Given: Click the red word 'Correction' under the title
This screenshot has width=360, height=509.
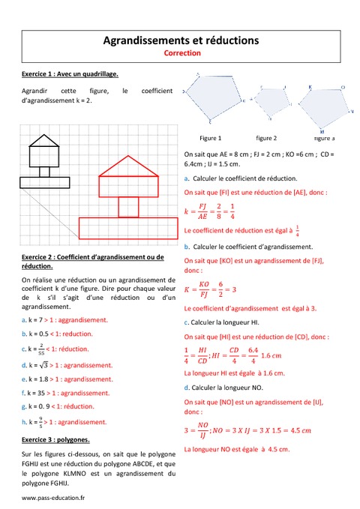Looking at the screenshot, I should [181, 53].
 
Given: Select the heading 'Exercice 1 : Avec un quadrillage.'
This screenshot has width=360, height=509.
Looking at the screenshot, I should [71, 74].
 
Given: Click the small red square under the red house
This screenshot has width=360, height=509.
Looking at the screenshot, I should [129, 205].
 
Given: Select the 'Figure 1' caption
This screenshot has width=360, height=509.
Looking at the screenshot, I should [211, 138].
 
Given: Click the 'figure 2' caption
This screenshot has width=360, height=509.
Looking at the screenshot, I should [266, 138].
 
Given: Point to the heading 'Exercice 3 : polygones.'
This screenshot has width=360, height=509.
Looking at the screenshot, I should [56, 439].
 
